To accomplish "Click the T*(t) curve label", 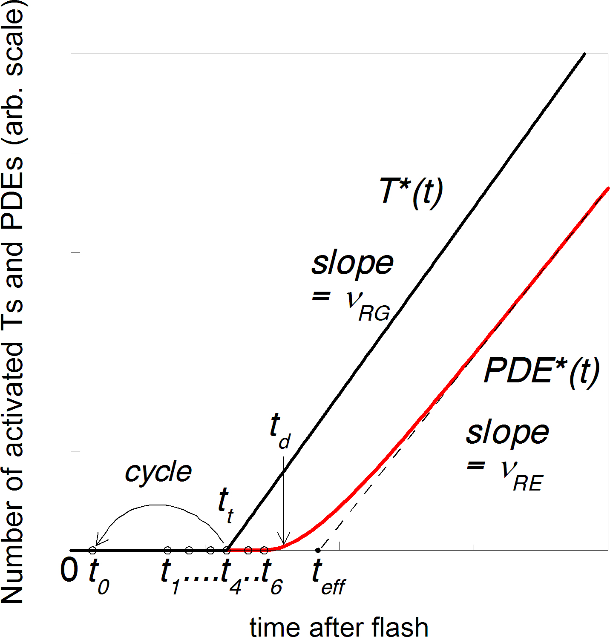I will point(411,192).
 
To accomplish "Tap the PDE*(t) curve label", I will point(541,371).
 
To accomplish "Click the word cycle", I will point(158,471).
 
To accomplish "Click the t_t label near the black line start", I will point(225,505).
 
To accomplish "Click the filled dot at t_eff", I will point(318,550).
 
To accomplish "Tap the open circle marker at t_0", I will point(92,550).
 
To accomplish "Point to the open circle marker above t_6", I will point(264,550).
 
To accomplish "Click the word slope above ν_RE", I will point(507,433).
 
